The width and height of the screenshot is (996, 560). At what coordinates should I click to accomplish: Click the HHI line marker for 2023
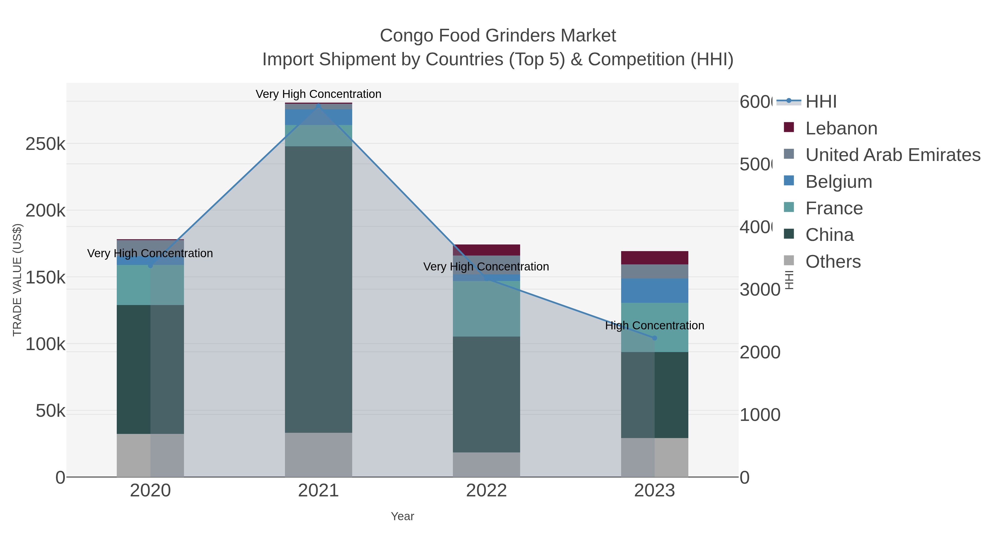[654, 338]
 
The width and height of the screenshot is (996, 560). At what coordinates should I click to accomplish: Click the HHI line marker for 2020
[151, 265]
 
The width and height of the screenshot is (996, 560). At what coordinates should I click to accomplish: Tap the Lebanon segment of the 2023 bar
[654, 258]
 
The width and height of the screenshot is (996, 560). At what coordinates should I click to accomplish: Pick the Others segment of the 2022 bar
[486, 465]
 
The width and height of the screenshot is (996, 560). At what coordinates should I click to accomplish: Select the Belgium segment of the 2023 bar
[654, 291]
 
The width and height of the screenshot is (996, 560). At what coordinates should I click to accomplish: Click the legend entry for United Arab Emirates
[892, 155]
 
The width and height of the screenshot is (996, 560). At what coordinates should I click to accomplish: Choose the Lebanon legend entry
[841, 128]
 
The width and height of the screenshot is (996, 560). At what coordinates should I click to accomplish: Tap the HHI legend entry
[821, 102]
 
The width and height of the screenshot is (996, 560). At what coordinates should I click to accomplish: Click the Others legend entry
[833, 262]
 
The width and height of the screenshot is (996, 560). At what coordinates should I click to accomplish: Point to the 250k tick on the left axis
[45, 144]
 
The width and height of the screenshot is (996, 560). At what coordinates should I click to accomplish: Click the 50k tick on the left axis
[50, 411]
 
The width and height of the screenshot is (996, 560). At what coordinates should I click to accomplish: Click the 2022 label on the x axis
[486, 491]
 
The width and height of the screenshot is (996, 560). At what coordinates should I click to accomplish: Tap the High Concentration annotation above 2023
[654, 325]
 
